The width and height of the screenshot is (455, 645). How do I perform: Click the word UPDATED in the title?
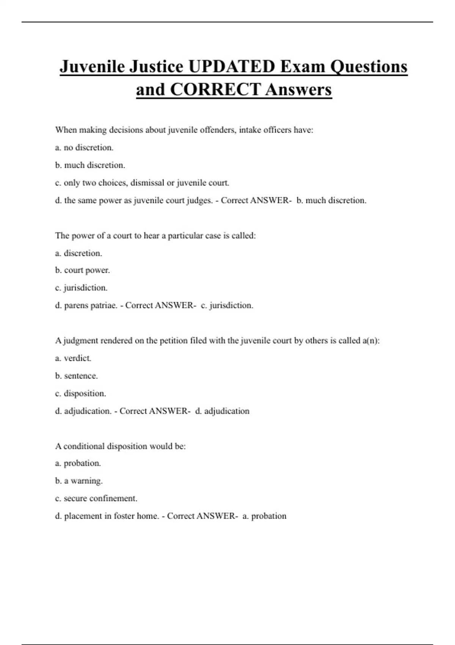pos(232,67)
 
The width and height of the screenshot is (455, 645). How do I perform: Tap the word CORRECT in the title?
pos(215,90)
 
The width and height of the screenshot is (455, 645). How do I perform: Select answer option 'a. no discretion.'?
pos(84,148)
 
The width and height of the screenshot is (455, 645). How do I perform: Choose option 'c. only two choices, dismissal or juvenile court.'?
pos(142,183)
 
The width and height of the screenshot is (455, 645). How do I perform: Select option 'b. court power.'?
pos(82,270)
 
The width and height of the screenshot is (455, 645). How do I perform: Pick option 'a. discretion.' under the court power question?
pos(78,253)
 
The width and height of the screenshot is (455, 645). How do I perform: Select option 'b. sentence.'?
pos(76,376)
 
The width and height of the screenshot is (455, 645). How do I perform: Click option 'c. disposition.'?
pos(80,393)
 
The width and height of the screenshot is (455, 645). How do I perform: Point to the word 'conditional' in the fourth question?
pos(84,446)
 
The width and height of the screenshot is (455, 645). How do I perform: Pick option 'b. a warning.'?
pos(79,481)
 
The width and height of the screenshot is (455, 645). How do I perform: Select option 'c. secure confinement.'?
pos(96,499)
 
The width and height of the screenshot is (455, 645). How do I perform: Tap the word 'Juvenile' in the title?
pos(92,67)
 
